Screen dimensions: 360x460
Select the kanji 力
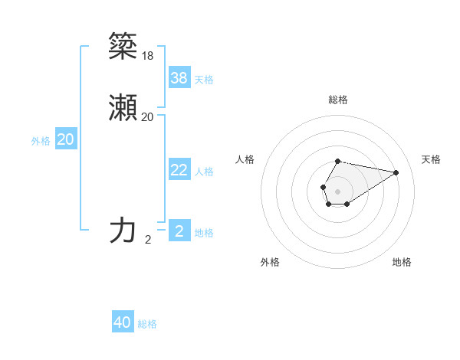(x=123, y=230)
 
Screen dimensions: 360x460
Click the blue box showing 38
(x=179, y=77)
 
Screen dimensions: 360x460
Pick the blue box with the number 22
(x=179, y=170)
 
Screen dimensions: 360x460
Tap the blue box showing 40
(x=123, y=322)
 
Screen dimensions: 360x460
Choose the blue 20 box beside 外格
(x=66, y=139)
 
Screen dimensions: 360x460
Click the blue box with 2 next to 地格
(x=179, y=231)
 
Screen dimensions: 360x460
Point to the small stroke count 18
(x=147, y=55)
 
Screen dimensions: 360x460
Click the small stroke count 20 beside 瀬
(x=147, y=117)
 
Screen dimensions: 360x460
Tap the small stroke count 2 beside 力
(x=148, y=240)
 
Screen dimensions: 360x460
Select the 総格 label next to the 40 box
(x=147, y=324)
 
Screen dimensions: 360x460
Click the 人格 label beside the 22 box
(x=204, y=172)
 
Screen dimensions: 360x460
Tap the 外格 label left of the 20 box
(x=41, y=141)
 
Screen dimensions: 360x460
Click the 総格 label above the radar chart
(x=337, y=100)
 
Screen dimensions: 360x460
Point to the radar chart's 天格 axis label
(x=431, y=159)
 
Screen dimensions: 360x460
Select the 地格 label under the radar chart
(x=402, y=262)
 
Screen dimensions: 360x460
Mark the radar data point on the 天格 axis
(x=396, y=172)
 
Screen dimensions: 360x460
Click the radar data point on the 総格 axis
(x=337, y=161)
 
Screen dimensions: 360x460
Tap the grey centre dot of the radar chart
(x=337, y=191)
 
